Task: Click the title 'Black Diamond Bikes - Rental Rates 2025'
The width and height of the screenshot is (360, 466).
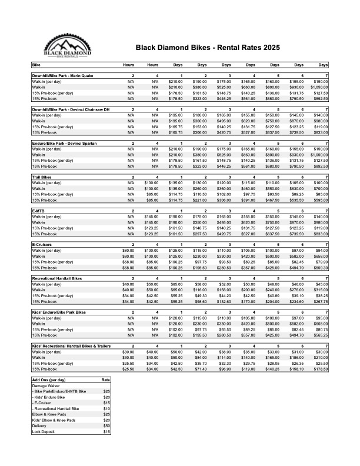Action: tap(208, 47)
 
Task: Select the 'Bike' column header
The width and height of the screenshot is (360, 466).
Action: tap(36, 64)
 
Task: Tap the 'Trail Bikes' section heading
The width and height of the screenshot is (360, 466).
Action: tap(42, 177)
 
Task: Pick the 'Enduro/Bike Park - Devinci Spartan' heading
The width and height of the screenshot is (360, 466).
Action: tap(69, 143)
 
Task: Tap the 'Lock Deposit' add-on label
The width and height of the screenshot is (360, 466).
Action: tap(43, 431)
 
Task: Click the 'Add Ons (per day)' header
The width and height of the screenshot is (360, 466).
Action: tap(49, 380)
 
